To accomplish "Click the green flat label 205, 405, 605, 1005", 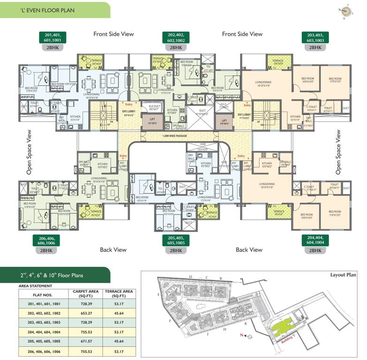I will [176, 240].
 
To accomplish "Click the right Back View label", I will [249, 250].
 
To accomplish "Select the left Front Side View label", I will [114, 34].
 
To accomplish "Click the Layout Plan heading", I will [344, 275].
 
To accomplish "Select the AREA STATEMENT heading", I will [35, 285].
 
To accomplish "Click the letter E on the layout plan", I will [159, 294].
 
